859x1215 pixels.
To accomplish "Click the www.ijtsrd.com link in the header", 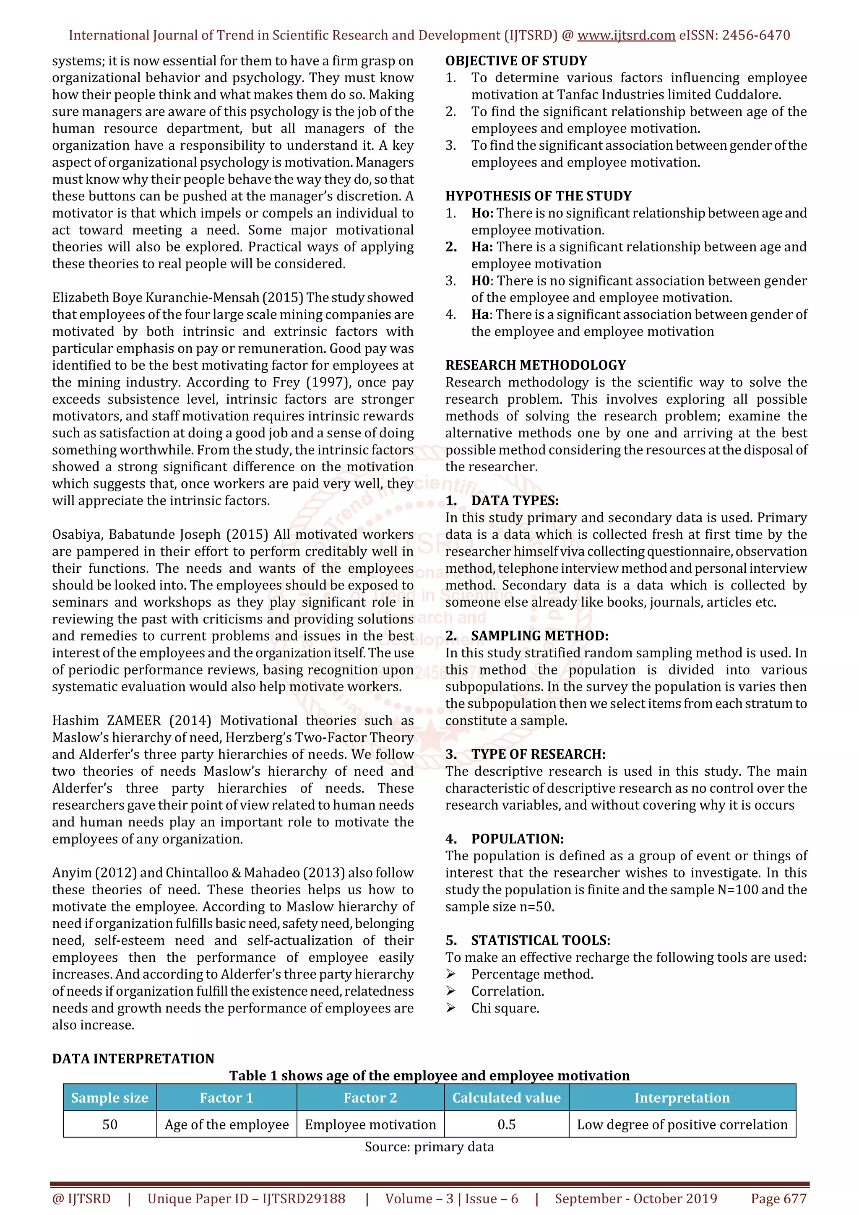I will tap(626, 36).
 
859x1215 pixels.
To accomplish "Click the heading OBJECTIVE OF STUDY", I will tap(516, 61).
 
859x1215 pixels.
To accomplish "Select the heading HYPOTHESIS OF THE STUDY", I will tap(538, 196).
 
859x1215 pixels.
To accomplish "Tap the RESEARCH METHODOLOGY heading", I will tap(535, 365).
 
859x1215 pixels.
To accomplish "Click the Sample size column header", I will tap(109, 1098).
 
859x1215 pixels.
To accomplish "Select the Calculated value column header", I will tap(506, 1098).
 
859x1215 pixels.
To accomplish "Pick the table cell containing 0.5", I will tap(506, 1124).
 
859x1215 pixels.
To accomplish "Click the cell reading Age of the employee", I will tap(226, 1124).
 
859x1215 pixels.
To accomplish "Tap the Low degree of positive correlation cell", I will tap(682, 1124).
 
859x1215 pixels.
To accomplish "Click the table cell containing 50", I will tap(109, 1124).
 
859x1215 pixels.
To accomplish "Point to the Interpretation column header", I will tap(682, 1098).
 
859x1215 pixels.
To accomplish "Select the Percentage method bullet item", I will tap(532, 975).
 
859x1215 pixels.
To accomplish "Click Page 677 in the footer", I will tap(778, 1199).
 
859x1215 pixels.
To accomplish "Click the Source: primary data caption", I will tap(429, 1147).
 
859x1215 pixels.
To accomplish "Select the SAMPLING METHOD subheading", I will tap(539, 636).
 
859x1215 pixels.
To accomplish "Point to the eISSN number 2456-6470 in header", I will tap(756, 36).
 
